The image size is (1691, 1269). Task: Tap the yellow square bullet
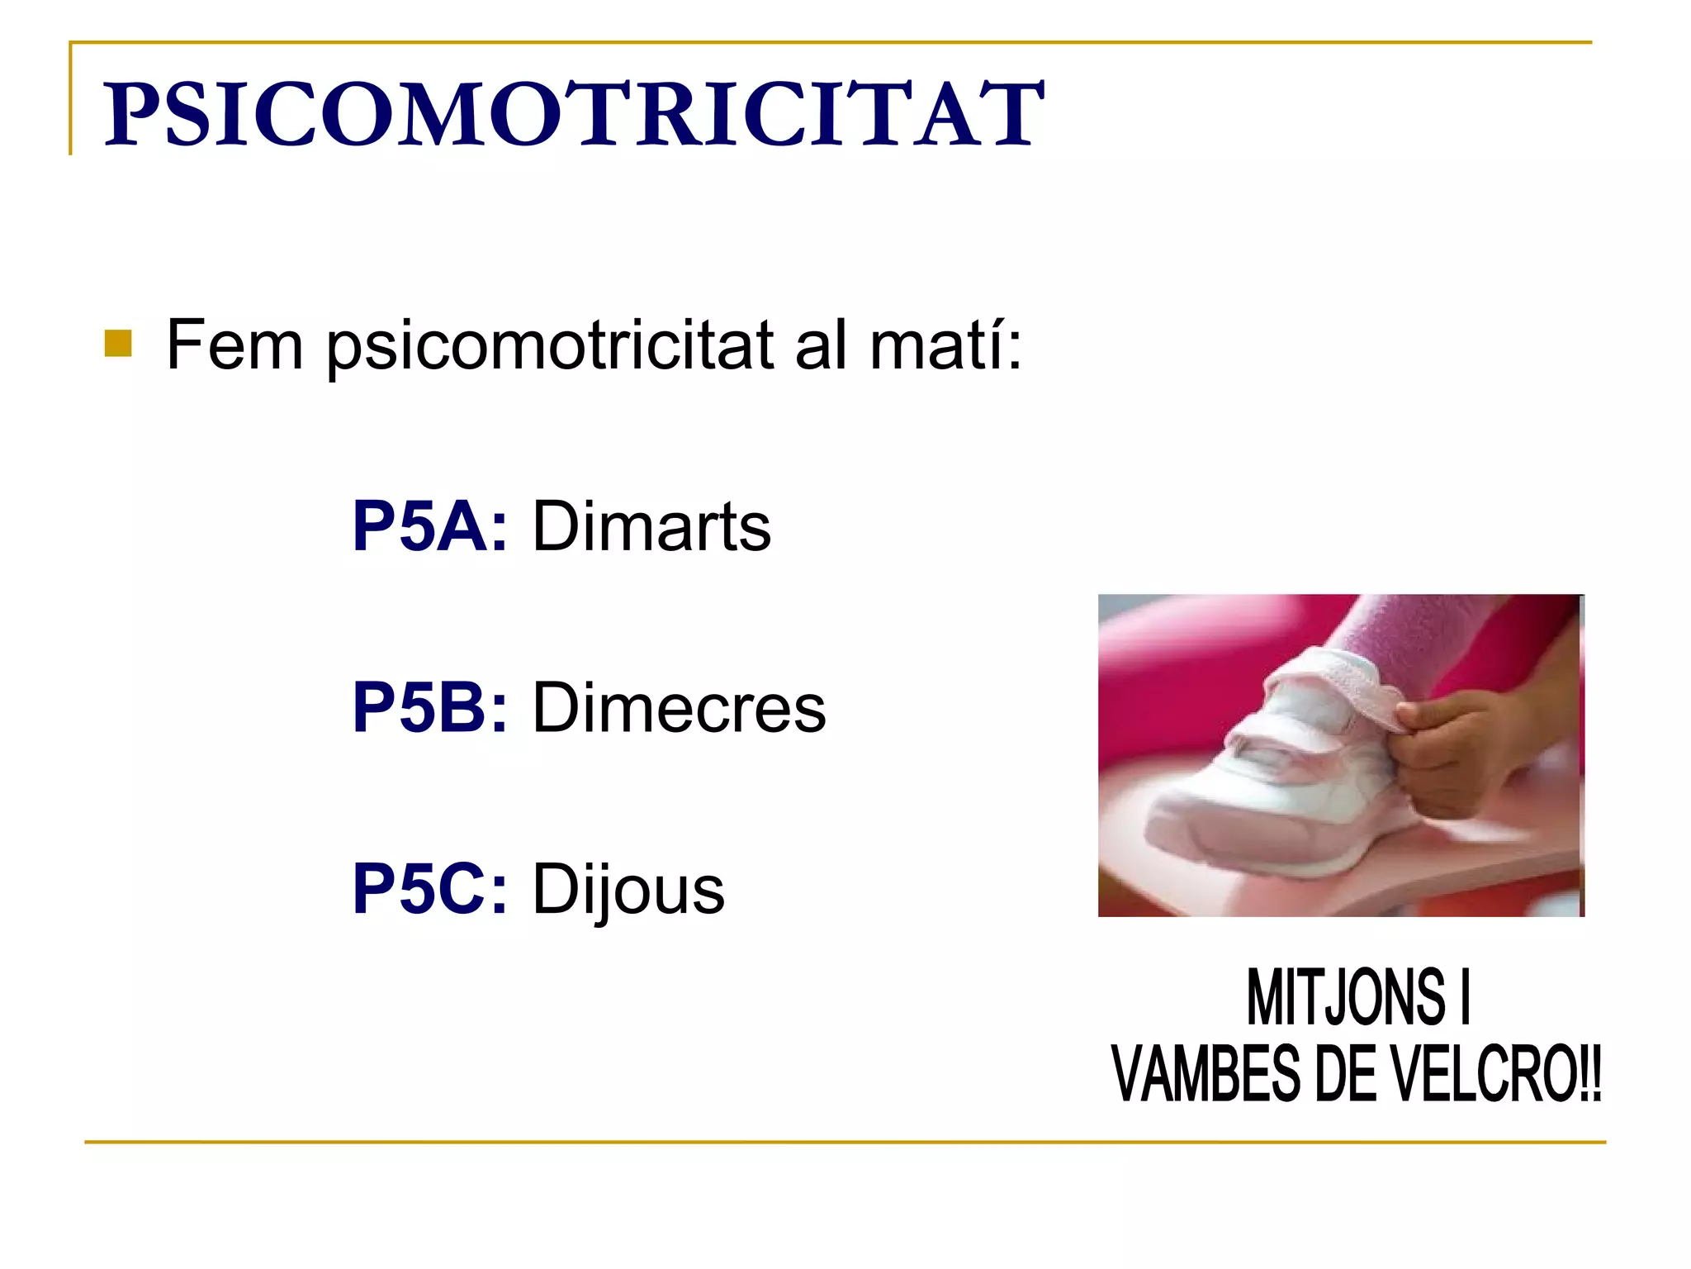[118, 344]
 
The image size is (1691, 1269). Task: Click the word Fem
[234, 345]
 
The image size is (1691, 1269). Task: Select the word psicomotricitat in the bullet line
[550, 346]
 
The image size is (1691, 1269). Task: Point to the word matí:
[946, 345]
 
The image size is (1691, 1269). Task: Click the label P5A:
[429, 526]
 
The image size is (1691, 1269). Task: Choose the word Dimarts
[651, 526]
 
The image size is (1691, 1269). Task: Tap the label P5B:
[429, 708]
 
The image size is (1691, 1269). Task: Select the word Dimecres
[679, 708]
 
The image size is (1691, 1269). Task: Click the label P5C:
[429, 890]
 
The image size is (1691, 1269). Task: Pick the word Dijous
[628, 891]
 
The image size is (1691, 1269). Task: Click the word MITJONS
[1346, 998]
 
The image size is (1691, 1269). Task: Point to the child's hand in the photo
[1461, 748]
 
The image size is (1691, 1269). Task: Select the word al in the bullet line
[821, 345]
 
